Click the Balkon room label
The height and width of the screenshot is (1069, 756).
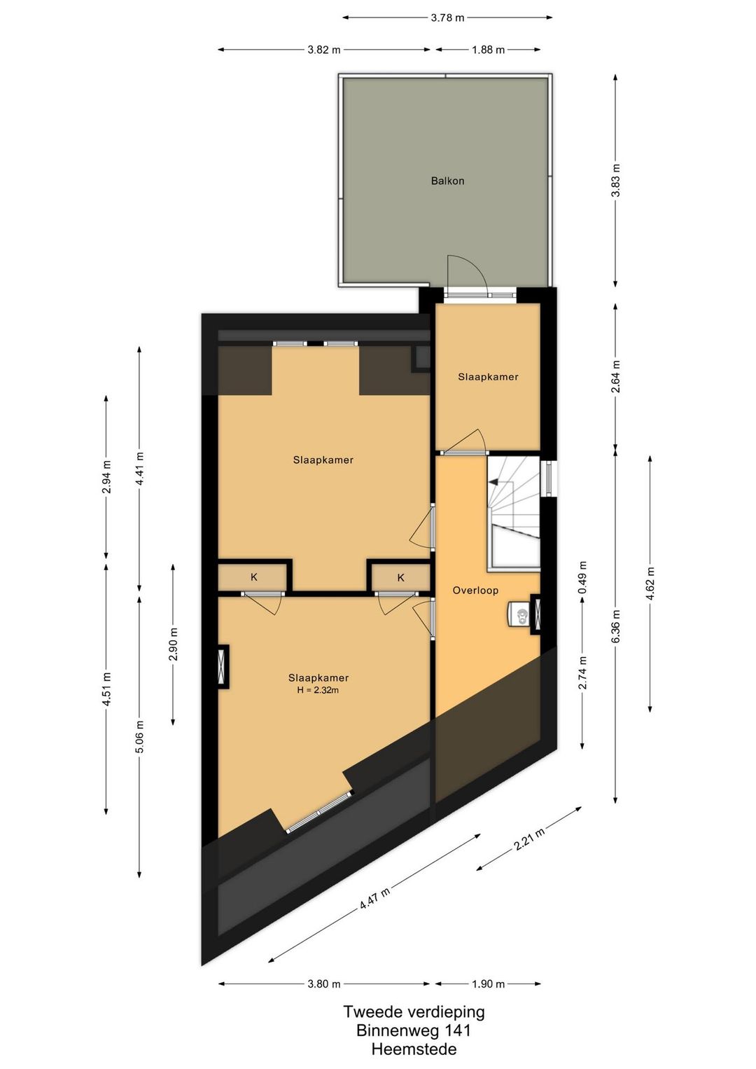click(x=447, y=181)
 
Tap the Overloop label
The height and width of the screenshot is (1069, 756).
click(x=475, y=591)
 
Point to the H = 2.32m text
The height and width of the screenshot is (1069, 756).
click(x=318, y=689)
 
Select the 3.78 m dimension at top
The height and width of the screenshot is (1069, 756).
click(x=447, y=18)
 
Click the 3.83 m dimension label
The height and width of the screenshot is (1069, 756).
click(x=617, y=181)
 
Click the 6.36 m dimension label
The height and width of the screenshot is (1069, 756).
click(x=616, y=626)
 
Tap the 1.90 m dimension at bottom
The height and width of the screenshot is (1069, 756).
click(x=488, y=984)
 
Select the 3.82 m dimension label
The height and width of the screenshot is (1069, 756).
click(x=324, y=50)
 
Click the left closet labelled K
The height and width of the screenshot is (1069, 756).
click(x=253, y=577)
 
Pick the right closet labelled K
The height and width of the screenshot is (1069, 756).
click(x=400, y=578)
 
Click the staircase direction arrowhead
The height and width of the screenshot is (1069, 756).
click(x=493, y=482)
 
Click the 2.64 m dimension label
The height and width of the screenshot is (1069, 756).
click(x=617, y=377)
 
